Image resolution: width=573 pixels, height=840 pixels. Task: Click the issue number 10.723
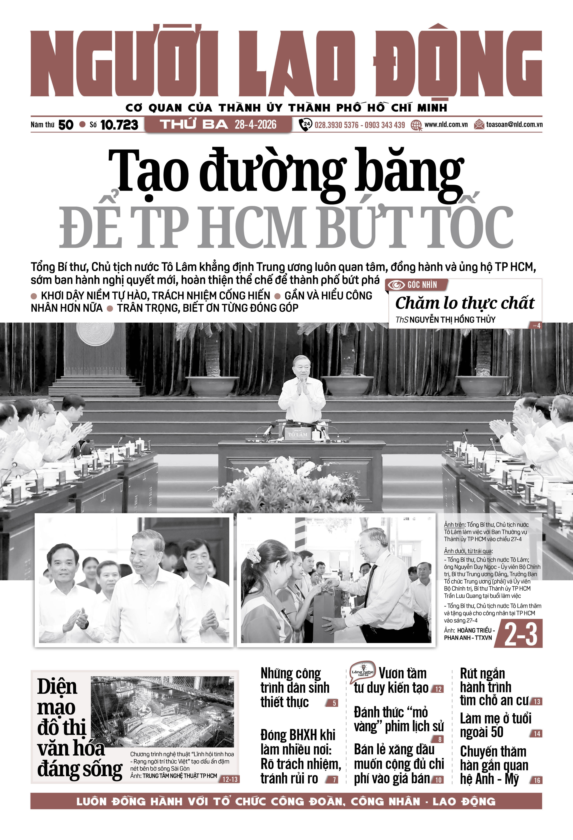119,125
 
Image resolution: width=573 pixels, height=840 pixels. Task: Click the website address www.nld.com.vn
446,125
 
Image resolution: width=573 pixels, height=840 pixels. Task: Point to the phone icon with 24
306,125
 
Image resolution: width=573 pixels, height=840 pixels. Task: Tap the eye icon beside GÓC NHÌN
396,285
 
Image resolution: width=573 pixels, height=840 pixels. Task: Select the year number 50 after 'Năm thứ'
66,125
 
